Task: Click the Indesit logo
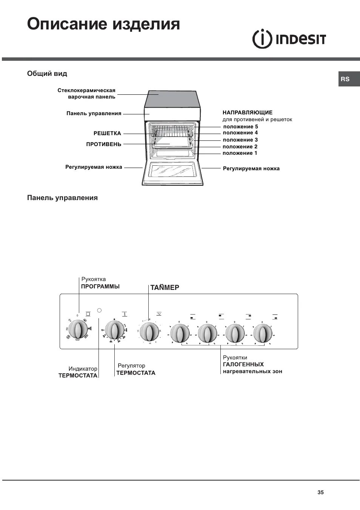[x=289, y=39]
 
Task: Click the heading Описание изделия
[x=103, y=24]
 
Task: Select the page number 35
[x=320, y=492]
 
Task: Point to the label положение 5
[x=240, y=126]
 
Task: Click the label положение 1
[x=240, y=153]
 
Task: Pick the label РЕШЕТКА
[x=107, y=133]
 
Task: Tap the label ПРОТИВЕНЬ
[x=104, y=144]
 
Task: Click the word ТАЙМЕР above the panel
[x=165, y=287]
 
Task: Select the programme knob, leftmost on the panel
[x=78, y=330]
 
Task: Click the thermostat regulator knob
[x=114, y=330]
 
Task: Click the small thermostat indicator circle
[x=99, y=310]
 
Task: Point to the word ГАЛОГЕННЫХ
[x=243, y=364]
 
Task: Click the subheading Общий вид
[x=47, y=74]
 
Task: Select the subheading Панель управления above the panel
[x=62, y=198]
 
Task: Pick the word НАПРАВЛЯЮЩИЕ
[x=247, y=112]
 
